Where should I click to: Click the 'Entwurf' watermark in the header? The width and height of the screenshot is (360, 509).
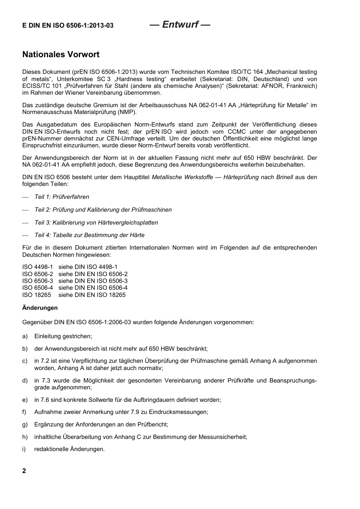180,25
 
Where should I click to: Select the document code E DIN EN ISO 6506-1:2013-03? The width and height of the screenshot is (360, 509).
68,26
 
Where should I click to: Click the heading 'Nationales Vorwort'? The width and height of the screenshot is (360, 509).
61,55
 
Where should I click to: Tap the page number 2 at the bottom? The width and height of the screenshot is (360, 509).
24,471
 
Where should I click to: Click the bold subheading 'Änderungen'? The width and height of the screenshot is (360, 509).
40,308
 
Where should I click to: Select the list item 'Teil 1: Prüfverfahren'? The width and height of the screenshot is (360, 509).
62,197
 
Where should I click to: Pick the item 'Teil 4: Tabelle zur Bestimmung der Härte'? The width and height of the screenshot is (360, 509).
89,235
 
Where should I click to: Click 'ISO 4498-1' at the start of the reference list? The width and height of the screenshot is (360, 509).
38,267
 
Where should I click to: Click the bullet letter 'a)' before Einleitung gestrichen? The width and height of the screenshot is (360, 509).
25,336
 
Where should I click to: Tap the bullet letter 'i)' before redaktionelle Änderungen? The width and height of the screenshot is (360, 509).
24,449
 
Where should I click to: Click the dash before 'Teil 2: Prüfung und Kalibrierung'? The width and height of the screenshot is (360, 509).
25,210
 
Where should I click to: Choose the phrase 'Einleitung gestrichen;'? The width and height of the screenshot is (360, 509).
63,336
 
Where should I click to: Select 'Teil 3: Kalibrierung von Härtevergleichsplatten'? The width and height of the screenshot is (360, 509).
96,223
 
